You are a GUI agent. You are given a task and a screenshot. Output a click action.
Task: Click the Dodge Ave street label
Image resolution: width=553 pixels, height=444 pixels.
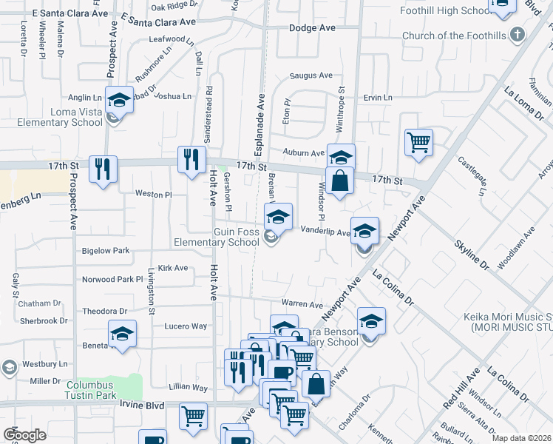tap(311, 27)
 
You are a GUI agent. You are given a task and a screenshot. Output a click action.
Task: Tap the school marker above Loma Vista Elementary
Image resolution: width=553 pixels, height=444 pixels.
tap(118, 99)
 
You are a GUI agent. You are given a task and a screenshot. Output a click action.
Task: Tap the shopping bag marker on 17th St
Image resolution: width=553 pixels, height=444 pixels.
tap(339, 181)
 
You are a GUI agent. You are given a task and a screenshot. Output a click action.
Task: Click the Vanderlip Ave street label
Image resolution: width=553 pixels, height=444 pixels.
tap(325, 232)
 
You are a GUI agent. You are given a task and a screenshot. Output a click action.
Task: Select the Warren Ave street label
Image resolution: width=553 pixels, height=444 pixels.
tap(302, 304)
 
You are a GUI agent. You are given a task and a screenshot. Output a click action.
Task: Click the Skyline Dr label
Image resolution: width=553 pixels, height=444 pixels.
tap(472, 253)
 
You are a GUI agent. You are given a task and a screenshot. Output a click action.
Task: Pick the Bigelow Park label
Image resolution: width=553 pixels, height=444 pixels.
tap(105, 251)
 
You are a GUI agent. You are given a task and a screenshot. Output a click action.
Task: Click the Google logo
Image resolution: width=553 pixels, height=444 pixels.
tap(25, 434)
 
